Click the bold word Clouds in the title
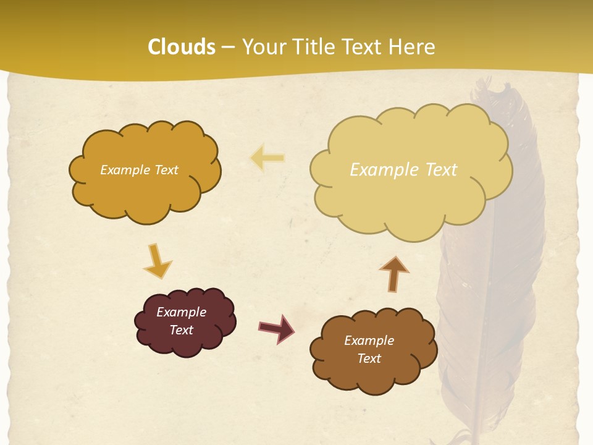[x=182, y=47]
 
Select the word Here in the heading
[x=411, y=47]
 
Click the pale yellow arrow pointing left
[x=267, y=158]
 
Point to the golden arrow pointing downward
[x=157, y=261]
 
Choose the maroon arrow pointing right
[x=276, y=328]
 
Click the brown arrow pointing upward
[x=393, y=273]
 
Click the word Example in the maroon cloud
[x=181, y=312]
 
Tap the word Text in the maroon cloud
[x=182, y=330]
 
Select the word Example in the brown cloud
[x=369, y=341]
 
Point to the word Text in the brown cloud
[x=369, y=358]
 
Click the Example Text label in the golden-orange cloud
[x=139, y=170]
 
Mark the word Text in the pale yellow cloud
[x=442, y=170]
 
